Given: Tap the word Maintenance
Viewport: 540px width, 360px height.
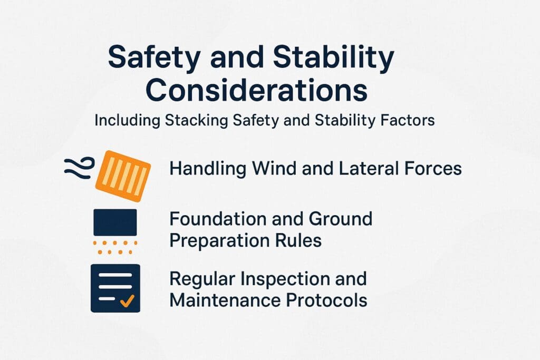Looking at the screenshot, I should click(x=224, y=300).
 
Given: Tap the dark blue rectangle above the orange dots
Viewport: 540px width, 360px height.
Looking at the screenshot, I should click(x=115, y=222).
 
